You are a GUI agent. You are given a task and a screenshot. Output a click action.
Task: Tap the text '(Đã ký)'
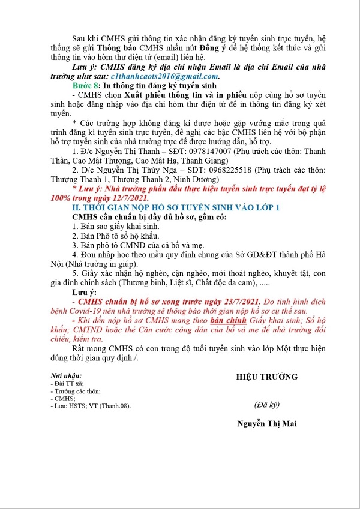266,402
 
